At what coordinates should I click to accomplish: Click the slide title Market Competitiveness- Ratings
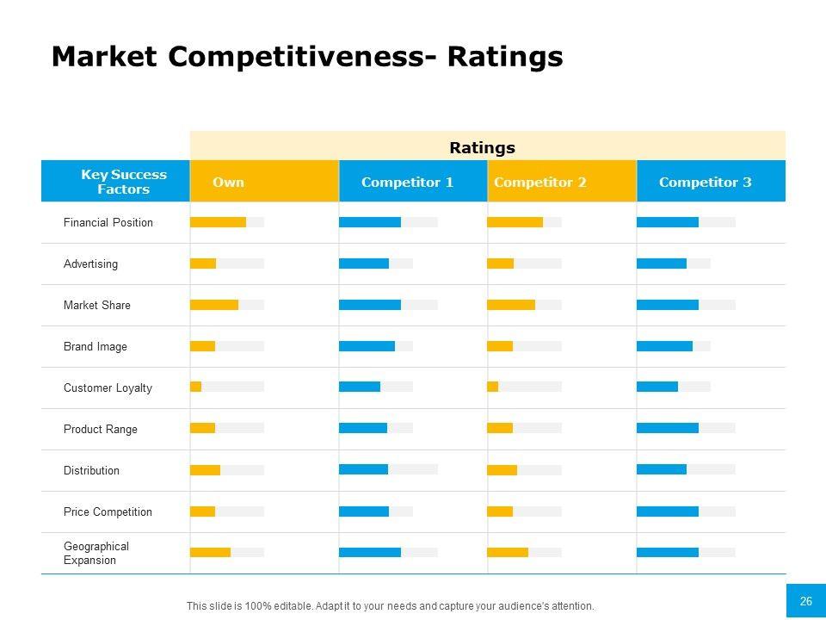click(x=307, y=57)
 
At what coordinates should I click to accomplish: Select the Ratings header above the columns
click(x=482, y=147)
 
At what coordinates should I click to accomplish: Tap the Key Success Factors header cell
click(x=124, y=182)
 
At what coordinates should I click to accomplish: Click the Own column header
click(x=228, y=182)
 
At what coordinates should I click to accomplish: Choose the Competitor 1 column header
click(x=407, y=182)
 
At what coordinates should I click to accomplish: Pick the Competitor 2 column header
click(x=540, y=182)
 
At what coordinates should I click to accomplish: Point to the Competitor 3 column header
click(x=705, y=182)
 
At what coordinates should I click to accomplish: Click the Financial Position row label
click(x=108, y=223)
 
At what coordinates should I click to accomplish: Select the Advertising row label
click(x=90, y=264)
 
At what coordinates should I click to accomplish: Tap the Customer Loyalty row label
click(x=108, y=388)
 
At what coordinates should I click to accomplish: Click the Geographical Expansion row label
click(x=96, y=553)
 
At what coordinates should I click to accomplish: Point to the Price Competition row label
click(x=108, y=512)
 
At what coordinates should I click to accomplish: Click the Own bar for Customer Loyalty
click(x=196, y=387)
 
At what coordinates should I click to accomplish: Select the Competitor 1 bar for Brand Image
click(x=367, y=346)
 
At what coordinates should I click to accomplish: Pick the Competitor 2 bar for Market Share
click(x=511, y=305)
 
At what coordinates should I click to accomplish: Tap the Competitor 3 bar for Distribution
click(x=662, y=469)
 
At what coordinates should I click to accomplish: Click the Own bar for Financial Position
click(x=218, y=222)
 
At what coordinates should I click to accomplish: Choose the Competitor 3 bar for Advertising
click(x=662, y=263)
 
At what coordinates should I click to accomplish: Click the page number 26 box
click(x=806, y=601)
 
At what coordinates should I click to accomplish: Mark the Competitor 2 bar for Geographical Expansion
click(x=508, y=552)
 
